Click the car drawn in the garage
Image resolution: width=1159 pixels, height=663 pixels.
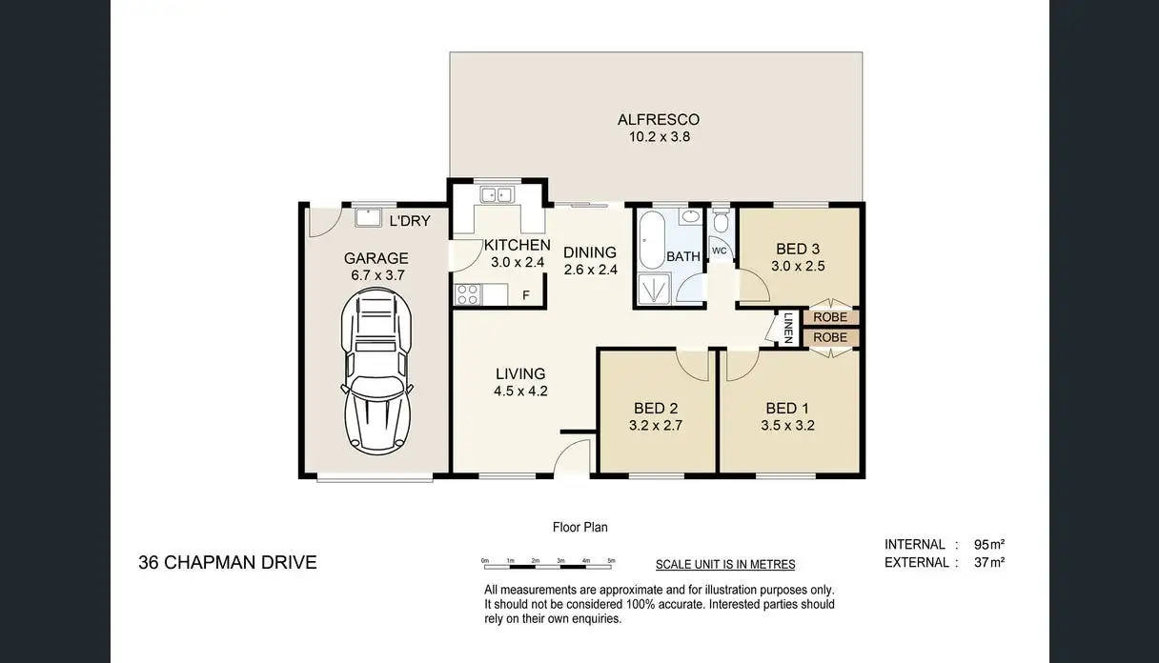click(x=378, y=372)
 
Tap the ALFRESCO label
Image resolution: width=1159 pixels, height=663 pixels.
click(x=658, y=120)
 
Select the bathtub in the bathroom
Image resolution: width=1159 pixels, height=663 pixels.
click(x=653, y=240)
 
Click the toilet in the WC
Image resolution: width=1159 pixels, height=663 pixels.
click(x=721, y=223)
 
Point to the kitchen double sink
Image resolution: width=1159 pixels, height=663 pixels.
click(x=496, y=195)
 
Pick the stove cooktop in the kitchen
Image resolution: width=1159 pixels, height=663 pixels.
click(x=467, y=295)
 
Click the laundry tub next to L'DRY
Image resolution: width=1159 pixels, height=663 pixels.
click(x=368, y=219)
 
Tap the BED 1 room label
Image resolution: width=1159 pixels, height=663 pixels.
click(x=787, y=409)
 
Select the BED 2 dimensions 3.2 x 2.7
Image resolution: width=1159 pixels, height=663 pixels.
click(x=657, y=426)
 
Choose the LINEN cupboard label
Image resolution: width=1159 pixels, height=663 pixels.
click(x=788, y=329)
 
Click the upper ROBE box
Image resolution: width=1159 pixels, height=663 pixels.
click(x=830, y=317)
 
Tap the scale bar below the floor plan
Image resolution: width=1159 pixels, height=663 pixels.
click(x=549, y=566)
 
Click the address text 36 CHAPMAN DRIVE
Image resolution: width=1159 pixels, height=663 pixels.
click(x=228, y=563)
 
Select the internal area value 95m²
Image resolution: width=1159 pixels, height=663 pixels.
click(x=989, y=545)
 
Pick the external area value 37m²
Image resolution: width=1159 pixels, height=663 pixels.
click(x=989, y=563)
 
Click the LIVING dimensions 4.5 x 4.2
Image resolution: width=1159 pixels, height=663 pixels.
click(x=520, y=391)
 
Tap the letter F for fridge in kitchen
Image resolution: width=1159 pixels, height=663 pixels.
click(x=525, y=295)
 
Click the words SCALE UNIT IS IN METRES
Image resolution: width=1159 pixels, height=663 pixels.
click(x=725, y=565)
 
